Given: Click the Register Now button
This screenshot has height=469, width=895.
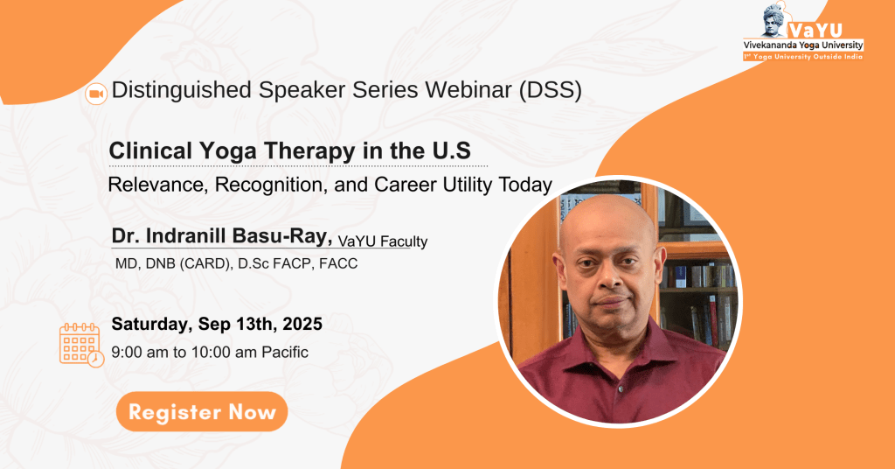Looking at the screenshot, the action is pos(202,411).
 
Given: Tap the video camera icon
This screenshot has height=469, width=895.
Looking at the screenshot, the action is pos(96,94).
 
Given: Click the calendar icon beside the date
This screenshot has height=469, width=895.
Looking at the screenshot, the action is pos(81,345).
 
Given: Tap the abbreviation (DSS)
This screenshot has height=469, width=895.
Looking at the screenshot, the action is pos(551,90).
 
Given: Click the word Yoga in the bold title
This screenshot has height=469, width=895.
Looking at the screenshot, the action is pos(228,150).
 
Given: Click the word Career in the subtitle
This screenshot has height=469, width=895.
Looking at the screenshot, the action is pos(404,185).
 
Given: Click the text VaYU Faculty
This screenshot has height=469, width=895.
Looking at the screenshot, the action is pos(383,241).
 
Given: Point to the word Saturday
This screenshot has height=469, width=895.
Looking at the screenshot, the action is pos(152,325).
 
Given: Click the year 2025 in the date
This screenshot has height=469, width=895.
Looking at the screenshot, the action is pos(302,324).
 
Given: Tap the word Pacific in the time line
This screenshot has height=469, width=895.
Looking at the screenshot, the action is pos(285,352).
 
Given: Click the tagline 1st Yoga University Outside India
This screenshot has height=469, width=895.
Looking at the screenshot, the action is pos(803,57).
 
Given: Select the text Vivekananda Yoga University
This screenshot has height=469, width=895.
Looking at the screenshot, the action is pos(803,45).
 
